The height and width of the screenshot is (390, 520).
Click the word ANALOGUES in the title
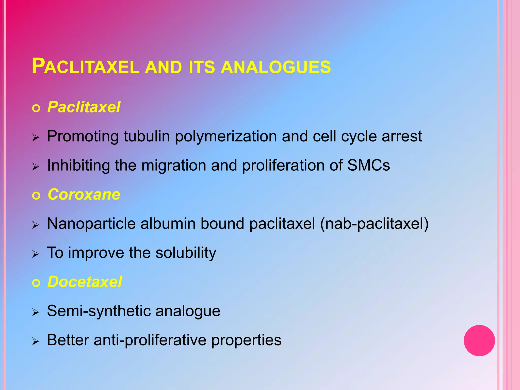(276, 67)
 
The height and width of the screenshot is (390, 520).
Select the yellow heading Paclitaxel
(84, 107)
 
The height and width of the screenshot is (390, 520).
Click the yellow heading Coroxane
(84, 194)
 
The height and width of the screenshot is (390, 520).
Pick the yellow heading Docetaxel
(85, 282)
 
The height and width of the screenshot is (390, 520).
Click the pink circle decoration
(479, 340)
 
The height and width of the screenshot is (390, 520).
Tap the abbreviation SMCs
(368, 165)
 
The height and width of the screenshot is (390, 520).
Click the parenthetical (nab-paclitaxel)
(374, 224)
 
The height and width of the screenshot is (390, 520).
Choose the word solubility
(186, 253)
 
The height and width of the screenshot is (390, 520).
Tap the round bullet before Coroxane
(36, 196)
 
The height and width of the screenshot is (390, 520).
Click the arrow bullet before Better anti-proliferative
(36, 342)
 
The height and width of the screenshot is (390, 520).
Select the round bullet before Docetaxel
(36, 283)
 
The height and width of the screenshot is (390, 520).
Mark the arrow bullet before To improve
(36, 254)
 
